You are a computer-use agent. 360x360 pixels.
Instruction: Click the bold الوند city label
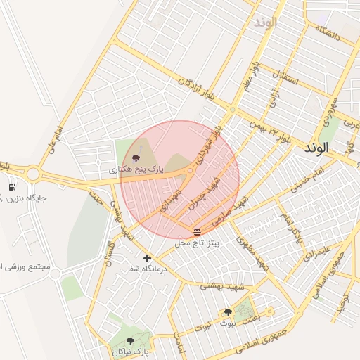pos(316,149)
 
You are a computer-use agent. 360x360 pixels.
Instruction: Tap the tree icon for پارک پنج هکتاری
pos(136,158)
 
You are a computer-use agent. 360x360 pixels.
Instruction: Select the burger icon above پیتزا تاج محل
pos(196,232)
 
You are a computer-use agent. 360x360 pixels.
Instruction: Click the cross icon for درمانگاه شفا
pos(147,258)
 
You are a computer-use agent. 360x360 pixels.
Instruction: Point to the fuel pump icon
pos(13,187)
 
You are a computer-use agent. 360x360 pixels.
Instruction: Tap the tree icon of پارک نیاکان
pos(130,341)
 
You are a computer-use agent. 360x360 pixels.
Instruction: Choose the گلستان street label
pos(110,255)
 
